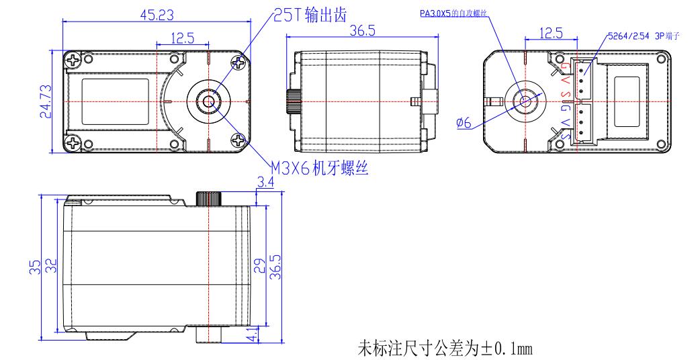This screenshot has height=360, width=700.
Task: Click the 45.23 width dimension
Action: pyautogui.click(x=154, y=14)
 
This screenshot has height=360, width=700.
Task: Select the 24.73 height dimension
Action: pyautogui.click(x=44, y=101)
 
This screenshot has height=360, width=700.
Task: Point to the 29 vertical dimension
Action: pyautogui.click(x=259, y=267)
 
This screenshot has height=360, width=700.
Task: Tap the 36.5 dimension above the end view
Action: pyautogui.click(x=362, y=31)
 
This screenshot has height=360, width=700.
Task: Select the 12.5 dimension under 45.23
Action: pyautogui.click(x=182, y=38)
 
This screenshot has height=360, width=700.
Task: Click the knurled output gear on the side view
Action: pyautogui.click(x=209, y=199)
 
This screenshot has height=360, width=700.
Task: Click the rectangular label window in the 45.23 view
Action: pyautogui.click(x=115, y=101)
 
